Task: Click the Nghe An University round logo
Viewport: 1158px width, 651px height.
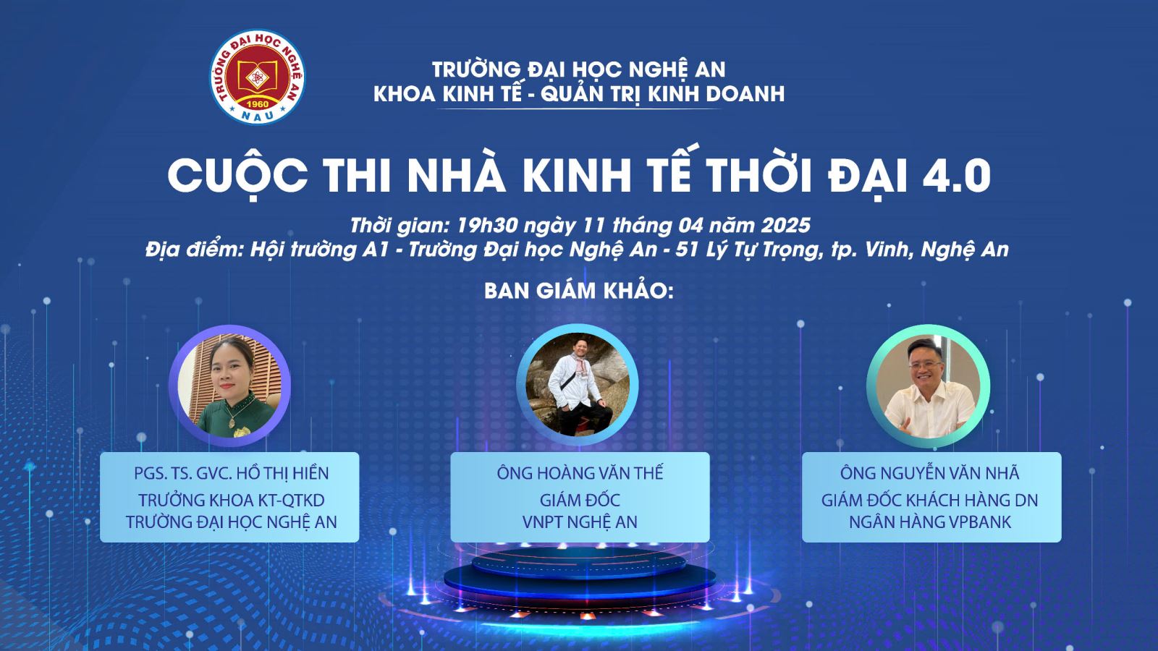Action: tap(257, 77)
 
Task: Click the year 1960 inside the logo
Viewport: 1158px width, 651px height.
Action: tap(256, 104)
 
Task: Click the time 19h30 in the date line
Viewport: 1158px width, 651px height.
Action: tap(487, 225)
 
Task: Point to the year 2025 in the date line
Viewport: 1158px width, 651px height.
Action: tap(785, 225)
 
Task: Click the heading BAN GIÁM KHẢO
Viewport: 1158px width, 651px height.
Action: tap(579, 291)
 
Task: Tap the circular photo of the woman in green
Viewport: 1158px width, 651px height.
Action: tap(229, 386)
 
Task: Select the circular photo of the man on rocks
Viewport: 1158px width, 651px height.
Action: tap(578, 384)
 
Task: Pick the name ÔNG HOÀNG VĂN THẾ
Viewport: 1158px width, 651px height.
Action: tap(580, 473)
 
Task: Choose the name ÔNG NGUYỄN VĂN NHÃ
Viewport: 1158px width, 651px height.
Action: tap(929, 473)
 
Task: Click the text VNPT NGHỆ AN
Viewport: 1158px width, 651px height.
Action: tap(580, 522)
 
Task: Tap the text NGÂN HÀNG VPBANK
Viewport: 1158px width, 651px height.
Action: tap(930, 522)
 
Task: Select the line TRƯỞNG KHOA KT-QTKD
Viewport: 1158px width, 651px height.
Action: tap(231, 500)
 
